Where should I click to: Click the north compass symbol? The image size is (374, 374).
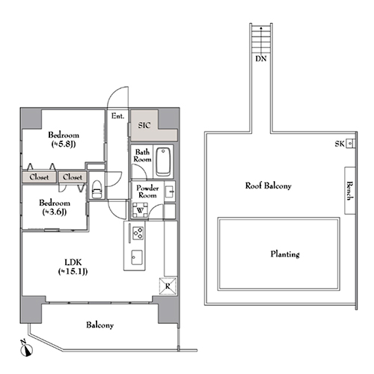(x=26, y=349)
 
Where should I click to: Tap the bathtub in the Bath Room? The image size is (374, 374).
(x=163, y=162)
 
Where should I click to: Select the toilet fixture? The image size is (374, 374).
(x=96, y=189)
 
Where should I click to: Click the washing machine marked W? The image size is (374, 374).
(x=140, y=210)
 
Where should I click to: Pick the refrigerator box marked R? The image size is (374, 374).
(x=168, y=286)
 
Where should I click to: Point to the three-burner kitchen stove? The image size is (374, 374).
(x=138, y=233)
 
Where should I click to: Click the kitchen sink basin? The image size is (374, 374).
(x=137, y=257)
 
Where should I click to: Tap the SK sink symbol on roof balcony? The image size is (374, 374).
(x=350, y=144)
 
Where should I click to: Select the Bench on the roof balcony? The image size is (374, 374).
(x=350, y=191)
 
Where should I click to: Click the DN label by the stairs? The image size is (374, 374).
(x=261, y=59)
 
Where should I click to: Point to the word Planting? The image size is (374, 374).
(x=285, y=254)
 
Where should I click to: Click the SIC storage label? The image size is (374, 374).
(x=144, y=125)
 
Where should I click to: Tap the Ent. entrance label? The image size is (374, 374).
(x=117, y=116)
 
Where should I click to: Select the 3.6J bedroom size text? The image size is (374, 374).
(x=55, y=212)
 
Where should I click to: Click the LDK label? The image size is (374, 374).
(x=73, y=263)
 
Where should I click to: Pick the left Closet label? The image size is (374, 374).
(x=39, y=177)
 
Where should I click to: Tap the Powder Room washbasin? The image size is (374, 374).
(x=170, y=191)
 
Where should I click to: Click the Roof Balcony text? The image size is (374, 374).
(x=269, y=186)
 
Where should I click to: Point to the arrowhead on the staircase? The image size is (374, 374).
(x=261, y=28)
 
